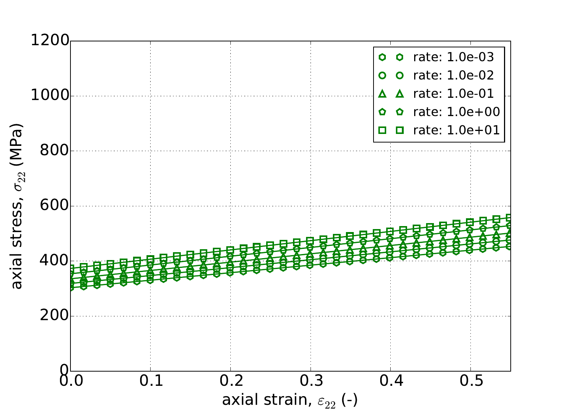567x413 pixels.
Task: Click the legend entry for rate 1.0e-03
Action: pyautogui.click(x=453, y=57)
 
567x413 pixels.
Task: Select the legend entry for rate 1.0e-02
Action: pyautogui.click(x=453, y=75)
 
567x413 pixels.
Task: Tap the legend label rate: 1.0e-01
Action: pyautogui.click(x=453, y=94)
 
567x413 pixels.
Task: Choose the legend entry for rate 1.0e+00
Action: pyautogui.click(x=456, y=112)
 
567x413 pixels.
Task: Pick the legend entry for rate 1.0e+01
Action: pyautogui.click(x=456, y=130)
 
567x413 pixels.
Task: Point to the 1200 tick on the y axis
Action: pyautogui.click(x=50, y=41)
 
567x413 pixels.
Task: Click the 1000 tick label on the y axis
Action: pyautogui.click(x=50, y=96)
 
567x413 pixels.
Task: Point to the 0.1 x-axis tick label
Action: pyautogui.click(x=150, y=383)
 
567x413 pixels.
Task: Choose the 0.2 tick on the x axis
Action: pyautogui.click(x=230, y=383)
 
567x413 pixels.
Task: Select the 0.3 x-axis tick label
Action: pyautogui.click(x=311, y=383)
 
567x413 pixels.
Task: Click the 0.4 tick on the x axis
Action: pyautogui.click(x=391, y=383)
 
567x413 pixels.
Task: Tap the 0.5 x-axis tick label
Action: pyautogui.click(x=470, y=383)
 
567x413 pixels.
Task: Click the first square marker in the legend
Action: pyautogui.click(x=382, y=130)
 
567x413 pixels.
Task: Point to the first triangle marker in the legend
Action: pyautogui.click(x=382, y=94)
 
